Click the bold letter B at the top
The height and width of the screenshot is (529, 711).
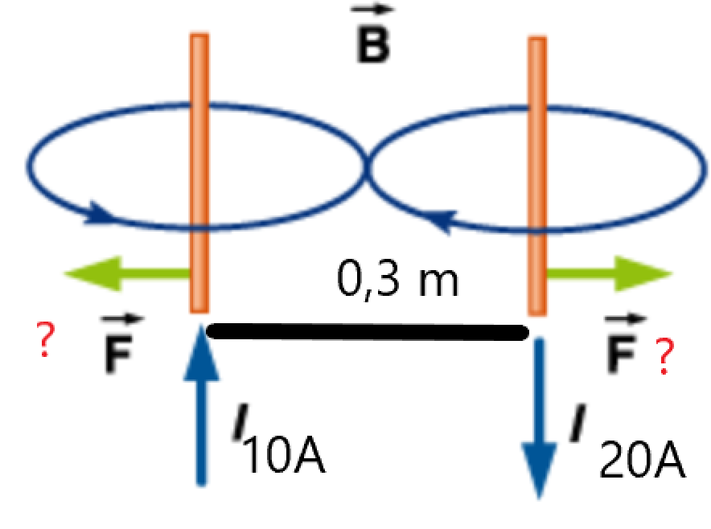pyautogui.click(x=372, y=47)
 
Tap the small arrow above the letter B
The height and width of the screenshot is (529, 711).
pyautogui.click(x=372, y=9)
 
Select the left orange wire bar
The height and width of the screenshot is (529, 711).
pyautogui.click(x=199, y=173)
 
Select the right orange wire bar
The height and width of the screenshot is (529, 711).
pyautogui.click(x=537, y=176)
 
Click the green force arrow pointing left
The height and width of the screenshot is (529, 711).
pyautogui.click(x=126, y=273)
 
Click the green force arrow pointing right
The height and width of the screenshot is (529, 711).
pyautogui.click(x=610, y=274)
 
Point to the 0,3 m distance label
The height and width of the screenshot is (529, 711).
pyautogui.click(x=397, y=280)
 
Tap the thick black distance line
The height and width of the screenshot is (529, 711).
pyautogui.click(x=368, y=332)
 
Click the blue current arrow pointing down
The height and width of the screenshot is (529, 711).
pyautogui.click(x=539, y=418)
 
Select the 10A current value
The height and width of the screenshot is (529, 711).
pyautogui.click(x=284, y=456)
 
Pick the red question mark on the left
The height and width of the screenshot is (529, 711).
pyautogui.click(x=45, y=339)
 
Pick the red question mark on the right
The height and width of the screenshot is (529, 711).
pyautogui.click(x=664, y=357)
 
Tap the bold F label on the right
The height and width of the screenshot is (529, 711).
pyautogui.click(x=623, y=343)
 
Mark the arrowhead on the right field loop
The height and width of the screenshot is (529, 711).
pyautogui.click(x=442, y=221)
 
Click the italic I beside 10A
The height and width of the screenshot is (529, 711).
pyautogui.click(x=241, y=421)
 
